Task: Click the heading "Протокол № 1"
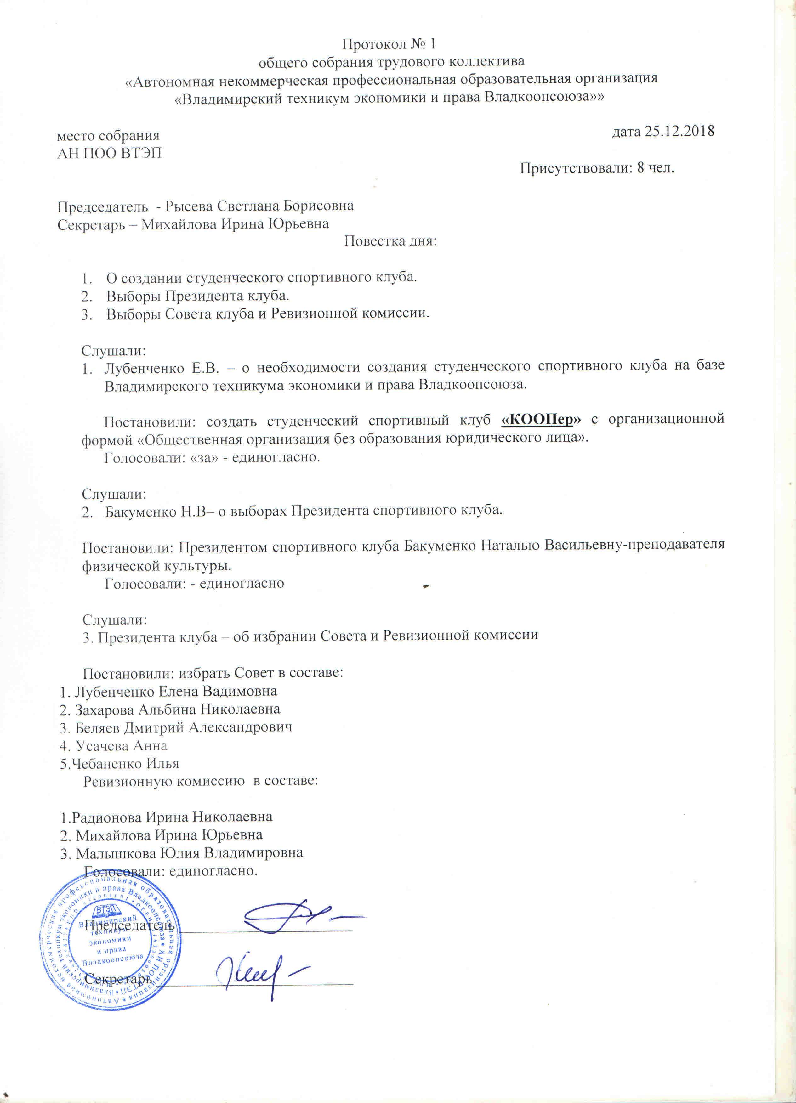[x=389, y=44]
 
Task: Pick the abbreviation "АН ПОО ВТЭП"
[x=110, y=154]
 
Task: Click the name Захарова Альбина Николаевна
[x=177, y=710]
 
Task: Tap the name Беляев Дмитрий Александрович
[x=184, y=727]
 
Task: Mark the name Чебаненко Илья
[x=126, y=764]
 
